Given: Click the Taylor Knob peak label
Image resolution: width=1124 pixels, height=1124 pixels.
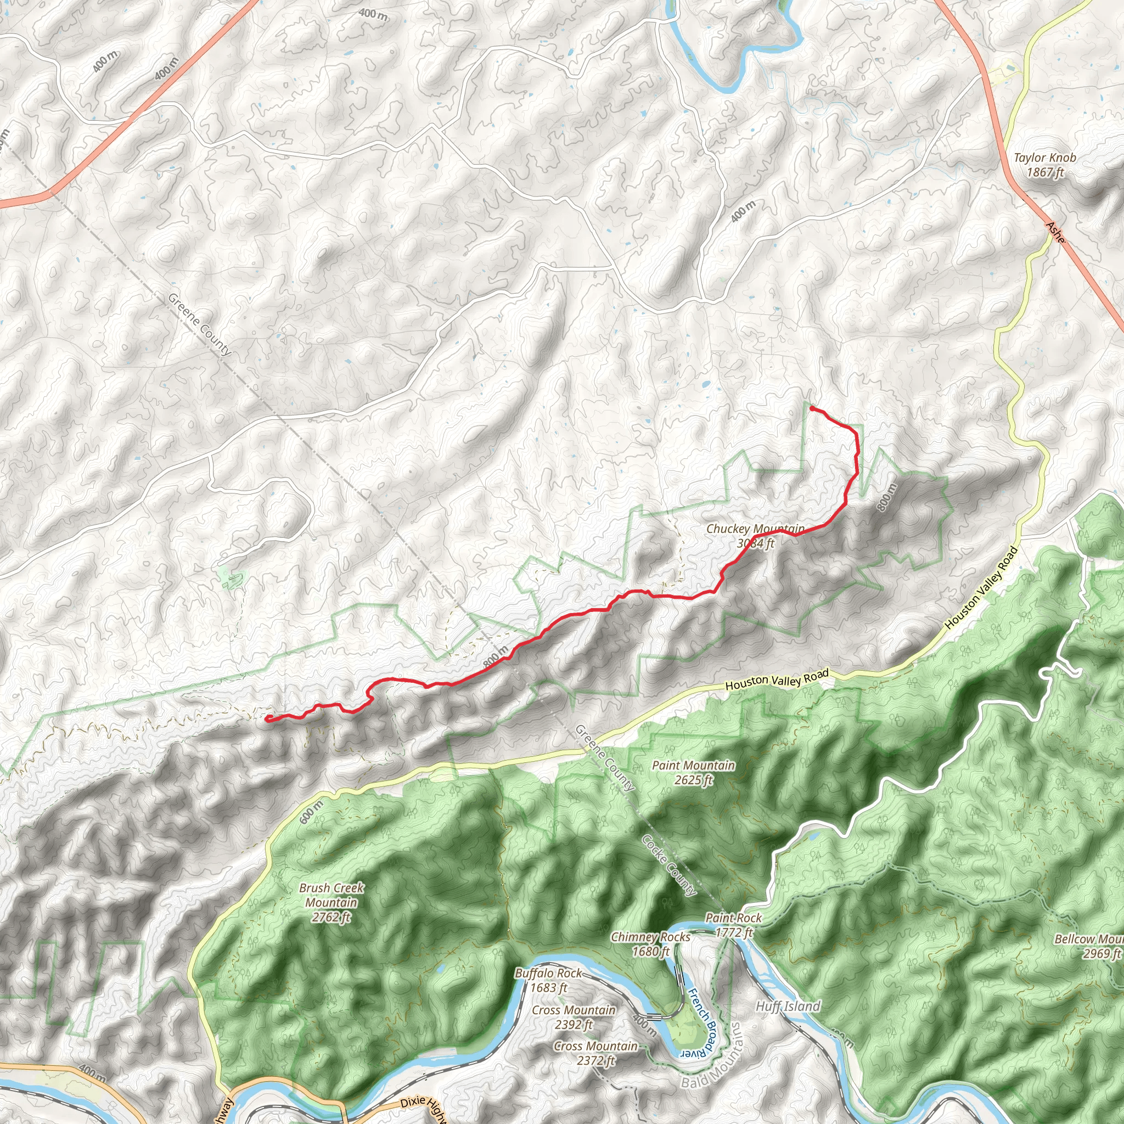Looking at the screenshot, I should point(1045,165).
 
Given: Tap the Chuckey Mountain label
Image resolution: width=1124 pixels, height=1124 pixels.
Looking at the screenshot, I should point(755,536).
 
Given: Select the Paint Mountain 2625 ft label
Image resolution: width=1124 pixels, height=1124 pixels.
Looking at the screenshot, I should point(694,773).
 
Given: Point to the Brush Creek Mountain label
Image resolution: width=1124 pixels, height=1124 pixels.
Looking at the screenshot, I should point(331,903).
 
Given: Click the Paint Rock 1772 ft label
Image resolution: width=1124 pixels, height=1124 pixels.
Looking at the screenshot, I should point(733,925).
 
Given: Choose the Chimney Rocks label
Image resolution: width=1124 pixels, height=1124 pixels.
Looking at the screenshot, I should point(650,943).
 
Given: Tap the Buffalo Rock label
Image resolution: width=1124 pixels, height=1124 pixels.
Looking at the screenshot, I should point(549,980).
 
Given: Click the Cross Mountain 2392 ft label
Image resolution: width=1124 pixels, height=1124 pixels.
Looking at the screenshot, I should point(574,1017).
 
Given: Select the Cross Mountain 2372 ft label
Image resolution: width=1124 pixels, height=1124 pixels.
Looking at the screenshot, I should point(595,1053).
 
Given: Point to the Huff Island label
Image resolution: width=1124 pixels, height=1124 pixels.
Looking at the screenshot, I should point(788,1007).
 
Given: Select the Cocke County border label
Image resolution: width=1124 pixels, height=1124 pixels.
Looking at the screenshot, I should point(669,866).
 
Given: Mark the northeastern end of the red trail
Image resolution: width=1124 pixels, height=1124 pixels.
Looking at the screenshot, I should point(812,408).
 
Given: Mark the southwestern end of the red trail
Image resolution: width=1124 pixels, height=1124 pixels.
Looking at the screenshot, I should point(267,718).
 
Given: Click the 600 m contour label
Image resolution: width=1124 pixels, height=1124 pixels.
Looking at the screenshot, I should point(312,812).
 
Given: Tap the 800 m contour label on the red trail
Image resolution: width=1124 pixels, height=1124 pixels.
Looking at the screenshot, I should point(495,657).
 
